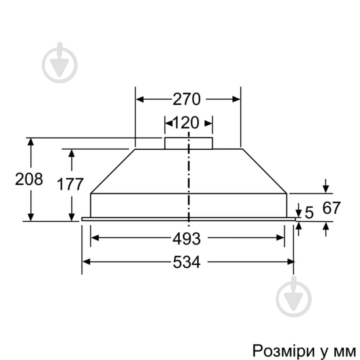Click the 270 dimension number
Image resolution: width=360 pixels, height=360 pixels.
[x=186, y=99]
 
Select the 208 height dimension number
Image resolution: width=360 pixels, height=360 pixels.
[x=29, y=179]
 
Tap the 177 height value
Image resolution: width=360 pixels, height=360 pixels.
[x=70, y=184]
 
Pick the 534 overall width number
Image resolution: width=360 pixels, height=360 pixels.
[x=186, y=262]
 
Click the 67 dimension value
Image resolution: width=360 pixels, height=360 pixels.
[x=331, y=208]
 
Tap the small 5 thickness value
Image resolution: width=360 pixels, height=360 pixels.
[x=309, y=213]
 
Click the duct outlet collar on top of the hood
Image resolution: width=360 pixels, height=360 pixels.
[x=188, y=143]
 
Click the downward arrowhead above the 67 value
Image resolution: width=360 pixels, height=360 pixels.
[x=325, y=189]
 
